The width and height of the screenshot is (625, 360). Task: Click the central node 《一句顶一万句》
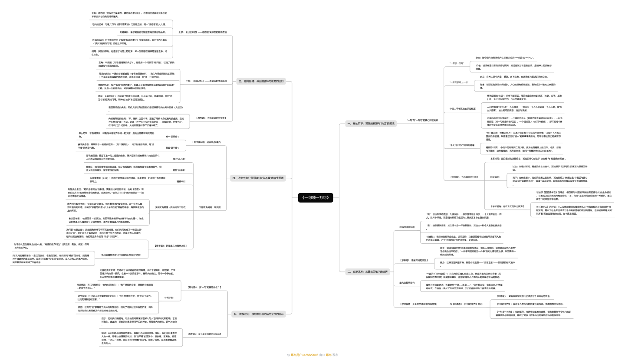pyautogui.click(x=316, y=198)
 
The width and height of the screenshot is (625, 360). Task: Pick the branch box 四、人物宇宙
pyautogui.click(x=258, y=178)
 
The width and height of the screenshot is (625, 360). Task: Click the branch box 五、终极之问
pyautogui.click(x=259, y=314)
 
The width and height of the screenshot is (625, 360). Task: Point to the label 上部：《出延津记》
pyautogui.click(x=202, y=32)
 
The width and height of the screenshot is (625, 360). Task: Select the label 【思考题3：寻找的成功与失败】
pyautogui.click(x=211, y=118)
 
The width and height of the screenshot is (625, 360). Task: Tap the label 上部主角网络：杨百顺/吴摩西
pyautogui.click(x=206, y=142)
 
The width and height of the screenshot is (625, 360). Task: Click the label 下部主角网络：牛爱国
pyautogui.click(x=210, y=207)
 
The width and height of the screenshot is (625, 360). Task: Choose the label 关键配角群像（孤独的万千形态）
pyautogui.click(x=171, y=207)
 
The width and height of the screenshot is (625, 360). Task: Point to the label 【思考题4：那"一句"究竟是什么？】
pyautogui.click(x=204, y=287)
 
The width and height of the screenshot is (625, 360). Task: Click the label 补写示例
pyautogui.click(x=169, y=298)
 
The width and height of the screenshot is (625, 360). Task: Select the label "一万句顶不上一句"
pyautogui.click(x=459, y=82)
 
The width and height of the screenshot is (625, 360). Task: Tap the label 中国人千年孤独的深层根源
pyautogui.click(x=462, y=108)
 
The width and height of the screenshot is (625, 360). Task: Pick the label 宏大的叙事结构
pyautogui.click(x=407, y=282)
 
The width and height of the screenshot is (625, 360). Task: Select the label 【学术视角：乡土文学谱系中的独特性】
pyautogui.click(x=418, y=304)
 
